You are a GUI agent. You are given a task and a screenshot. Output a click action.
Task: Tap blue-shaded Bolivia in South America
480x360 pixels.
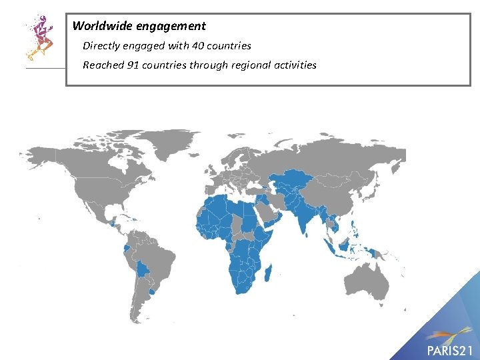[x=143, y=269]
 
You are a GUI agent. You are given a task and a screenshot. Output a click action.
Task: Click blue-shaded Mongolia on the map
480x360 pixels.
[x=337, y=179]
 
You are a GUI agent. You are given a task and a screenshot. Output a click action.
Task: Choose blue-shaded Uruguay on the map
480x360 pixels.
[x=153, y=291]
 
